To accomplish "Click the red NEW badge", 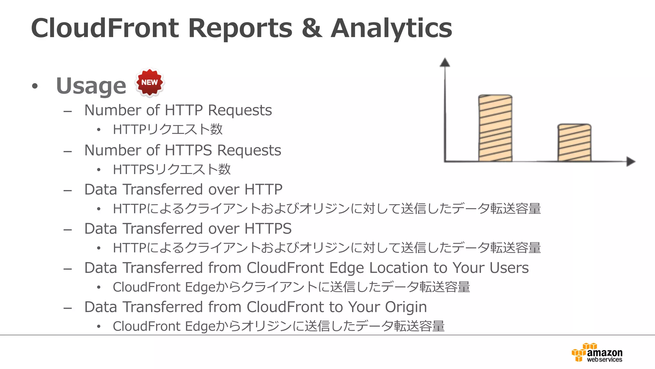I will (x=149, y=83).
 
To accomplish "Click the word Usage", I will (x=91, y=86).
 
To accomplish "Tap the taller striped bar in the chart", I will (x=495, y=128).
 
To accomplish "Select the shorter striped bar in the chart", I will (x=574, y=143).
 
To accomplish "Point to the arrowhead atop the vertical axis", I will (x=445, y=62).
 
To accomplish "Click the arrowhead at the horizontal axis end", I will (x=630, y=161).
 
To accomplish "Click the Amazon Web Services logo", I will (x=597, y=353).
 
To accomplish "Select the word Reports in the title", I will (x=240, y=28).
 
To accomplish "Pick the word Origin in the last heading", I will (x=406, y=307).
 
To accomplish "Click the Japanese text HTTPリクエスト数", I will (x=168, y=129).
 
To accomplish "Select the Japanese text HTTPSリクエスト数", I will (x=172, y=169).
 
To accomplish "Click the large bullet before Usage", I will (x=35, y=86).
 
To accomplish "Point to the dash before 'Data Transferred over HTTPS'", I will (x=67, y=229).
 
